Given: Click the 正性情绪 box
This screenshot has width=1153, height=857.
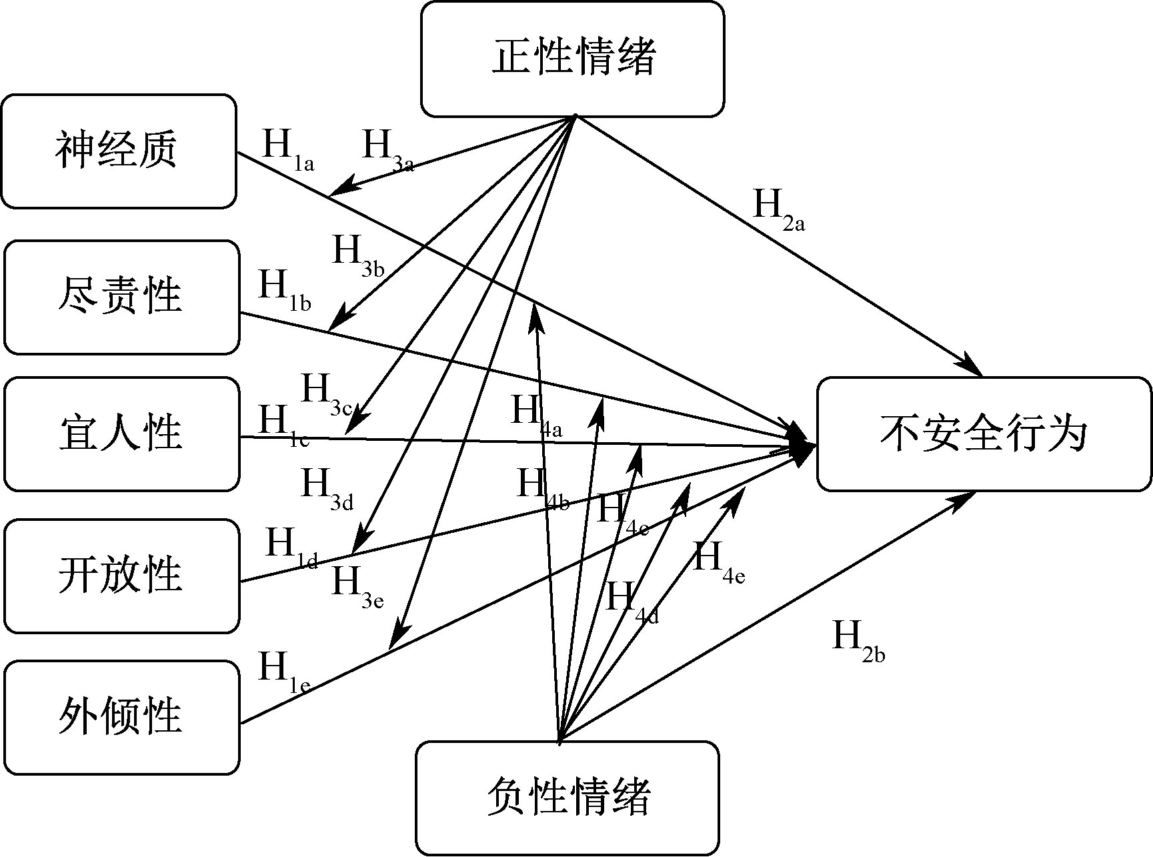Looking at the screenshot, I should (572, 59).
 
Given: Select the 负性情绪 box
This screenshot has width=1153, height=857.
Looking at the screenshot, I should (567, 798).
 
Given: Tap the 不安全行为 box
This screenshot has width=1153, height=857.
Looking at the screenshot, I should (984, 434).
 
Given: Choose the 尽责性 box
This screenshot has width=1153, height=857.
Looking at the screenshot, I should (121, 297).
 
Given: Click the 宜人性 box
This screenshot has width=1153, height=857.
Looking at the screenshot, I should (121, 434).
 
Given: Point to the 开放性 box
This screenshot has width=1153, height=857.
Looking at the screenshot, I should (121, 576).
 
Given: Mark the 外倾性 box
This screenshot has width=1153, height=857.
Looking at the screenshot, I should (121, 717).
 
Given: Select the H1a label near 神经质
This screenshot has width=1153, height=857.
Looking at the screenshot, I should (287, 149).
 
